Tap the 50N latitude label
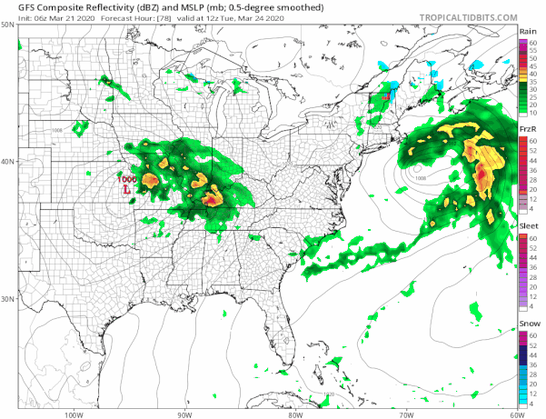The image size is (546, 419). click(8, 25)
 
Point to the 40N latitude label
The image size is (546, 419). click(8, 162)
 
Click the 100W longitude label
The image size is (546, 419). click(74, 414)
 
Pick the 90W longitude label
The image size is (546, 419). click(184, 414)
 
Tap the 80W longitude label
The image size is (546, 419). click(294, 414)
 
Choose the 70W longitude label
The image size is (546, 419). click(405, 414)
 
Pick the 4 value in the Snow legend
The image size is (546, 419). click(534, 404)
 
